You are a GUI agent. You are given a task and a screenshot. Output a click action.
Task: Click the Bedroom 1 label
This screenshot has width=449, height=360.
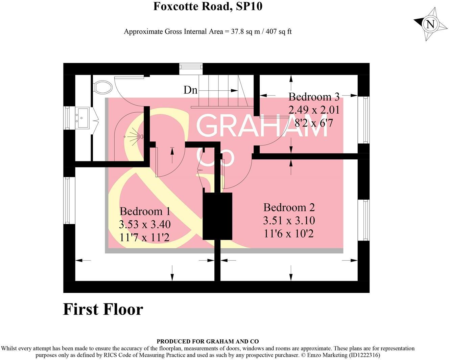145,211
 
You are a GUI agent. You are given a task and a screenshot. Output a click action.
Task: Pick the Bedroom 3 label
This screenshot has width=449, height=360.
314,97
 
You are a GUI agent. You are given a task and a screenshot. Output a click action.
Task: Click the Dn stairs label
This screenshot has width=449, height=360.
190,90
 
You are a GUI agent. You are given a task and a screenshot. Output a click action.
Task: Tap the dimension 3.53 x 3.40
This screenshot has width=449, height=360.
145,224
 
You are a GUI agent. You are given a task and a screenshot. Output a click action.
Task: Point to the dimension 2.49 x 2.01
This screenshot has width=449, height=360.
314,110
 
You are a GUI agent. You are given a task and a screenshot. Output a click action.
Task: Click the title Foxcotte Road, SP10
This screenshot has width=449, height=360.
208,6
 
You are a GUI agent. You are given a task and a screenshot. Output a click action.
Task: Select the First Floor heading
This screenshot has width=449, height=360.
103,309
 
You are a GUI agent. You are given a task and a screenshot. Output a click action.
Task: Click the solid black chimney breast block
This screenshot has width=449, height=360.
217,216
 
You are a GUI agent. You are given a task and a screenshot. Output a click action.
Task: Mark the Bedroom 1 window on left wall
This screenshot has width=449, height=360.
69,200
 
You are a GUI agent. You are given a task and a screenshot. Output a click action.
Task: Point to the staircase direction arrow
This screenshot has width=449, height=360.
233,90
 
